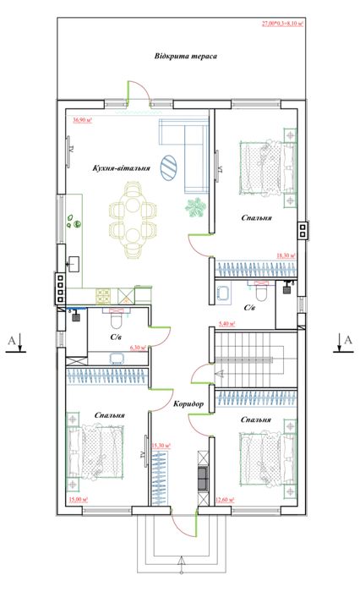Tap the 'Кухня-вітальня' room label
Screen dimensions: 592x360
122,168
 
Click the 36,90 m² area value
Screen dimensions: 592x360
82,120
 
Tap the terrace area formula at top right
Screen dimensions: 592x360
307,25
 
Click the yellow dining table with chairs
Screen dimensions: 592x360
134,217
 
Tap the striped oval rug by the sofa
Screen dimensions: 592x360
170,166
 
